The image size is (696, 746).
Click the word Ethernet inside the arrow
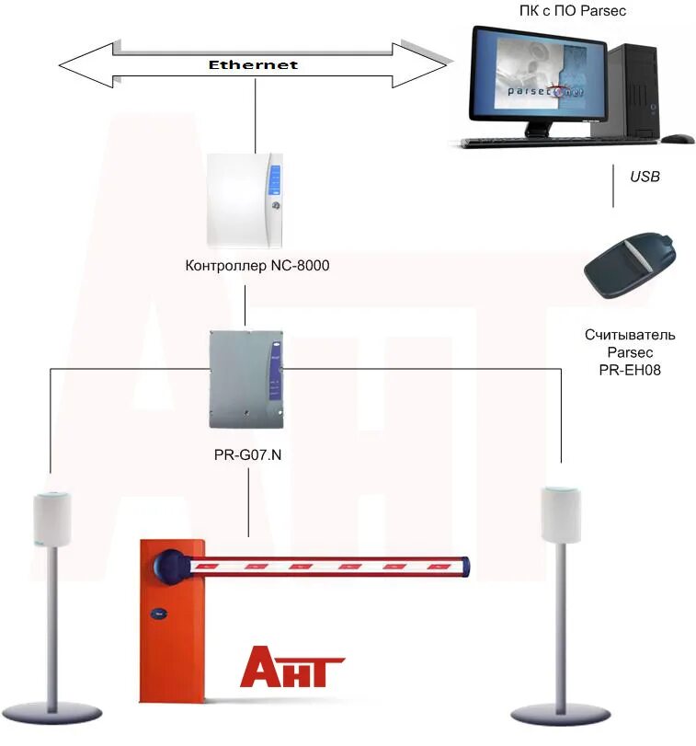coord(253,65)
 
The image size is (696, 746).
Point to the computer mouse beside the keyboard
coord(678,139)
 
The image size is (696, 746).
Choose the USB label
coord(645,176)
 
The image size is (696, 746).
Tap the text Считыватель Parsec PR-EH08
coord(630,352)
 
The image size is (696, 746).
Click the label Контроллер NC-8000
coord(257,266)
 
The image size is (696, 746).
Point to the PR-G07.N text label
coord(248,454)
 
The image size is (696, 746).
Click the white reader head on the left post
coord(51,520)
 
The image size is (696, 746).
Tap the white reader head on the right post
coord(561,515)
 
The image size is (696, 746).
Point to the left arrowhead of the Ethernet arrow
coord(83,65)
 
